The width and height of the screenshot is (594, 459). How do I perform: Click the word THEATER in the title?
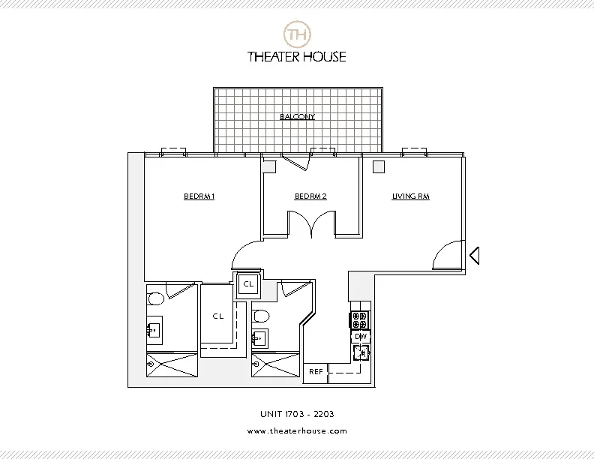pos(273,56)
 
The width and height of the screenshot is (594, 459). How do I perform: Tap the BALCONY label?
pos(297,117)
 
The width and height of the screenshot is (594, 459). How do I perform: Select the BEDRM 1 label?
pos(199,197)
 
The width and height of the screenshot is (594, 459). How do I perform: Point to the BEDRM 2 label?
pos(310,197)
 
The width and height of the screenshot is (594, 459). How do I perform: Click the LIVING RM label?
pos(410,197)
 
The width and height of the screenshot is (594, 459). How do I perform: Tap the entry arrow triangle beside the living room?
pos(474,256)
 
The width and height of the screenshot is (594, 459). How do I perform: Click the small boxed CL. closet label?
pos(248,285)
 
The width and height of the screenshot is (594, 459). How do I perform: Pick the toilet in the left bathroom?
pos(156,299)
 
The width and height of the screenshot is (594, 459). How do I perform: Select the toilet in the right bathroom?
pos(260,315)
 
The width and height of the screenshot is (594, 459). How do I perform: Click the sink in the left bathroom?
pos(157,327)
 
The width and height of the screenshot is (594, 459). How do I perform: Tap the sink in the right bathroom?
pos(261,337)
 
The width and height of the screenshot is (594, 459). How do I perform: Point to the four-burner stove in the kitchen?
pos(361,320)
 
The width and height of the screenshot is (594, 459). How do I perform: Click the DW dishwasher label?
pos(360,337)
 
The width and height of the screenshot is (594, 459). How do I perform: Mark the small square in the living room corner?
pos(379,167)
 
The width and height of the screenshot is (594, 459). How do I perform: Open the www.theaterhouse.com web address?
pos(297,431)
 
